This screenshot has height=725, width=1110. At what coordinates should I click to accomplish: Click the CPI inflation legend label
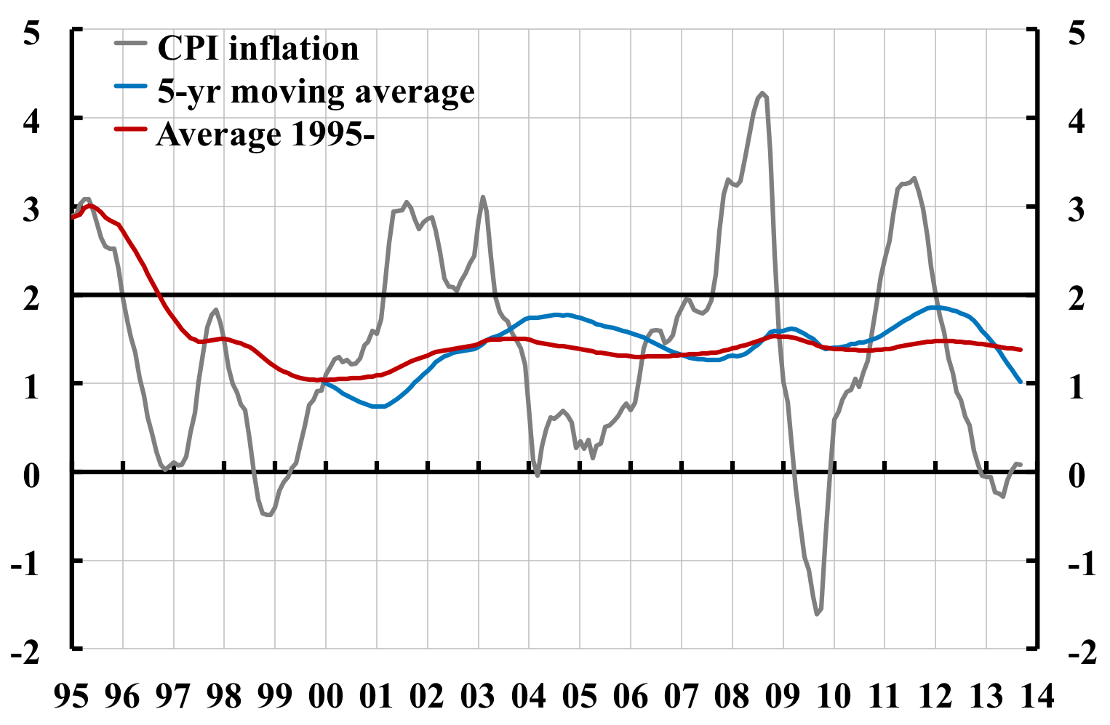tap(258, 48)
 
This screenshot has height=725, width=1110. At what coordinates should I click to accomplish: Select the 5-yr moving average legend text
tap(316, 92)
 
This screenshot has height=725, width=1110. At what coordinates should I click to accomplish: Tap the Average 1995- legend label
tap(265, 135)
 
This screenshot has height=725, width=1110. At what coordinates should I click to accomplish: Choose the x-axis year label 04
tap(529, 697)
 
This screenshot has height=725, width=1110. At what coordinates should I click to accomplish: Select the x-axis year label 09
tap(783, 697)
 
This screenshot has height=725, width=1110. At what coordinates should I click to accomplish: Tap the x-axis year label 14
tap(1036, 697)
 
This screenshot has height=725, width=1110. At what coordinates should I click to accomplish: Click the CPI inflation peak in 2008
tap(762, 93)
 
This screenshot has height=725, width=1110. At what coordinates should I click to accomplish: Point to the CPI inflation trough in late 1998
tap(269, 515)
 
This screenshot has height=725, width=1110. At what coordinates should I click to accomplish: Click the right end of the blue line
tap(1021, 381)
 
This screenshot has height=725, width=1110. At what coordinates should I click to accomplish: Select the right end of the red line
tap(1021, 350)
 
